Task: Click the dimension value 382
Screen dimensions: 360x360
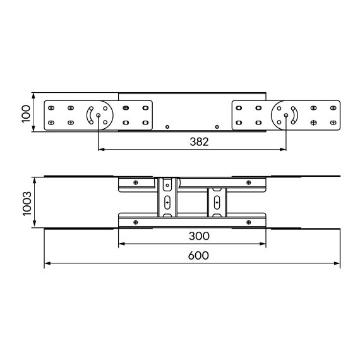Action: click(x=199, y=141)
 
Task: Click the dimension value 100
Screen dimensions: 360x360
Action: click(x=26, y=114)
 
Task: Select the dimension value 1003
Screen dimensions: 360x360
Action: click(x=27, y=203)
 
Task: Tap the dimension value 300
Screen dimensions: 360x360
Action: click(x=199, y=236)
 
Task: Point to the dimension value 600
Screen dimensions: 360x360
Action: click(x=198, y=256)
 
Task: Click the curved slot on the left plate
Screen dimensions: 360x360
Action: click(x=89, y=115)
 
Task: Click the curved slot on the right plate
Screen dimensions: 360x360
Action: click(x=295, y=115)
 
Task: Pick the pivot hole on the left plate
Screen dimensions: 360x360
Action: click(x=99, y=115)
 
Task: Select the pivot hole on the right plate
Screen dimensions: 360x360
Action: click(x=286, y=115)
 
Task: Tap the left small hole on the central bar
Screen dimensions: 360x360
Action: click(x=167, y=127)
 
